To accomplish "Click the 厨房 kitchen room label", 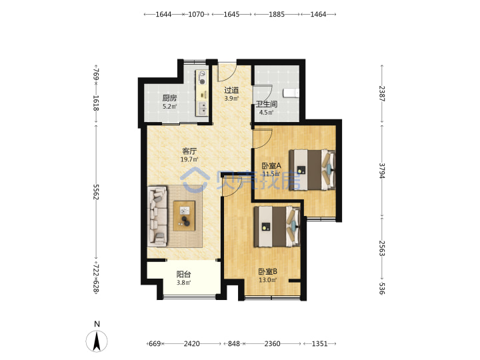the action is pos(169,98).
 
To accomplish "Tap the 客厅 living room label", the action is pos(189,151).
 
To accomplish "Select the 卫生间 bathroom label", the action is pos(267,104).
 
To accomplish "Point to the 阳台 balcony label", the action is pos(184,274).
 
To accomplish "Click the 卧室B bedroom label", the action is pos(268,271).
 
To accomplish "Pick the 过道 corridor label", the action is pos(231,90).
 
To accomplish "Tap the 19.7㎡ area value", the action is pos(189,159).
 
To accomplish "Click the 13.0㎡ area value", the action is pos(268,280).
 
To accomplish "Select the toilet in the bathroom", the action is pos(291,93).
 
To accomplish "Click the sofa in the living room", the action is pos(157,217).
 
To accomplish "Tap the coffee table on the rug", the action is pos(184,216).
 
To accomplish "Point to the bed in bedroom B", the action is pos(277,226).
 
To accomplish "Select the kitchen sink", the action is pos(203,109).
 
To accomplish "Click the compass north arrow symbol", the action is pos(97,341).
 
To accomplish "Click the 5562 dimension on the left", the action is pos(96,192).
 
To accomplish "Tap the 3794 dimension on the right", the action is pos(382,171).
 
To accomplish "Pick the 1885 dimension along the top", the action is pos(277,14).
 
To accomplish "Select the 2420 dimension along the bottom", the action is pos(191,344).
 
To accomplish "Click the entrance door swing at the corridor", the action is pos(227,73).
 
